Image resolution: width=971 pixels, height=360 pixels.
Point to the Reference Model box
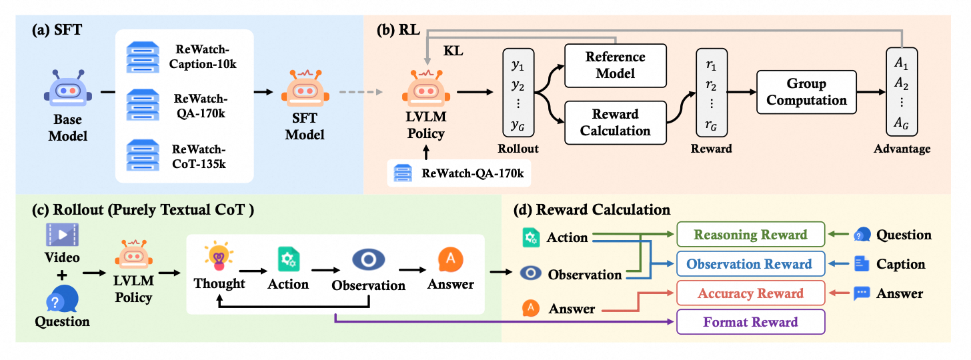click(x=615, y=65)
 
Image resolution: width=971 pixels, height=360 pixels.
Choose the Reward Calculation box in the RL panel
click(x=615, y=122)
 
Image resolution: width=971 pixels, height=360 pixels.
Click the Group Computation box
click(x=806, y=93)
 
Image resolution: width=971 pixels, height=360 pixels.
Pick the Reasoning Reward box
click(x=750, y=235)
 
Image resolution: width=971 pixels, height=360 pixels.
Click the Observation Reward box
click(x=750, y=264)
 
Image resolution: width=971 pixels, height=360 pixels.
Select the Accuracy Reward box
click(x=750, y=293)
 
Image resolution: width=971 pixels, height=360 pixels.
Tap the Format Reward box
click(x=750, y=322)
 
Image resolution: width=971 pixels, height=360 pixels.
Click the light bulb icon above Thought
click(x=219, y=257)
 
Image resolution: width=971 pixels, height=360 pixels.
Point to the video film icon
click(x=62, y=234)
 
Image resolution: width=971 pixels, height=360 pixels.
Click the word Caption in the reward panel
click(x=901, y=265)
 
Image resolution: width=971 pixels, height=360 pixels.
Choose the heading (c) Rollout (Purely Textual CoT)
click(x=144, y=209)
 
